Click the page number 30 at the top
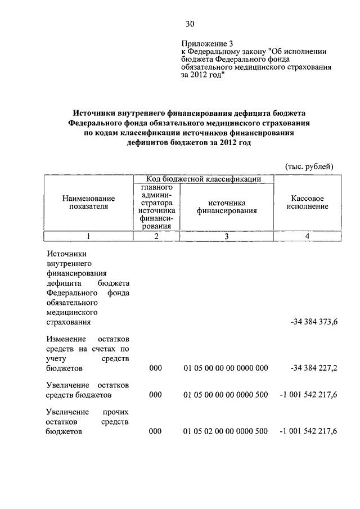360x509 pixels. pyautogui.click(x=190, y=24)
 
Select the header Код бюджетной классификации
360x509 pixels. pyautogui.click(x=204, y=179)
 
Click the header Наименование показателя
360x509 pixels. pyautogui.click(x=89, y=202)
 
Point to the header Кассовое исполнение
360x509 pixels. pyautogui.click(x=307, y=202)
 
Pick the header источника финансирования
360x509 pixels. pyautogui.click(x=226, y=206)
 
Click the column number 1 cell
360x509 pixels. pyautogui.click(x=89, y=236)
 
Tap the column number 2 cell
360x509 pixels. pyautogui.click(x=156, y=236)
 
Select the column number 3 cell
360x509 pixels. pyautogui.click(x=226, y=236)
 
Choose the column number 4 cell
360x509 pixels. pyautogui.click(x=307, y=236)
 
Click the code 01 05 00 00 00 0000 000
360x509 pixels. pyautogui.click(x=226, y=368)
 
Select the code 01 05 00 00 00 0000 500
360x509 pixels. pyautogui.click(x=226, y=395)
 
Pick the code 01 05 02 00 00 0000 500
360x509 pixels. pyautogui.click(x=226, y=431)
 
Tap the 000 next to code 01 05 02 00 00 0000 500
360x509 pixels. pyautogui.click(x=156, y=431)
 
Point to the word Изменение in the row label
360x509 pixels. pyautogui.click(x=66, y=339)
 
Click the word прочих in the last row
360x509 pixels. pyautogui.click(x=116, y=412)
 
